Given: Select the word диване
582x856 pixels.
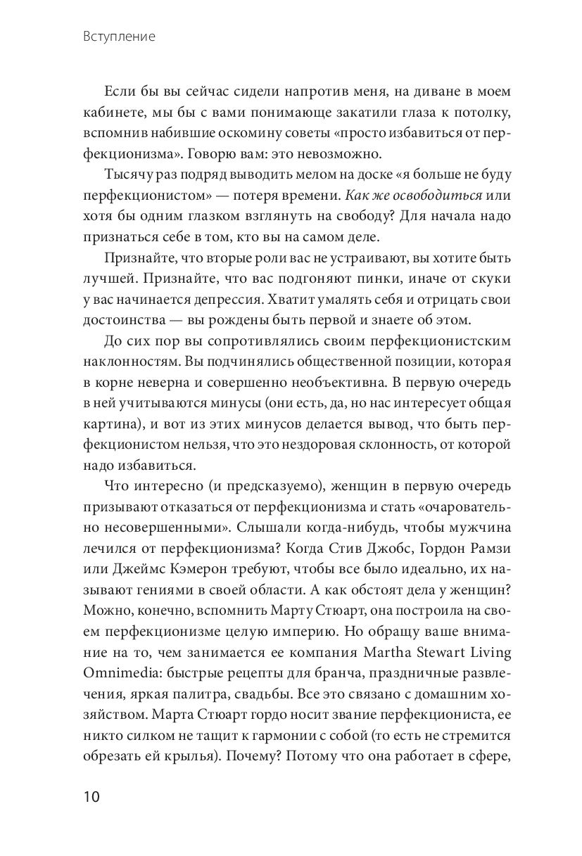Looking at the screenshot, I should coord(378,92).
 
